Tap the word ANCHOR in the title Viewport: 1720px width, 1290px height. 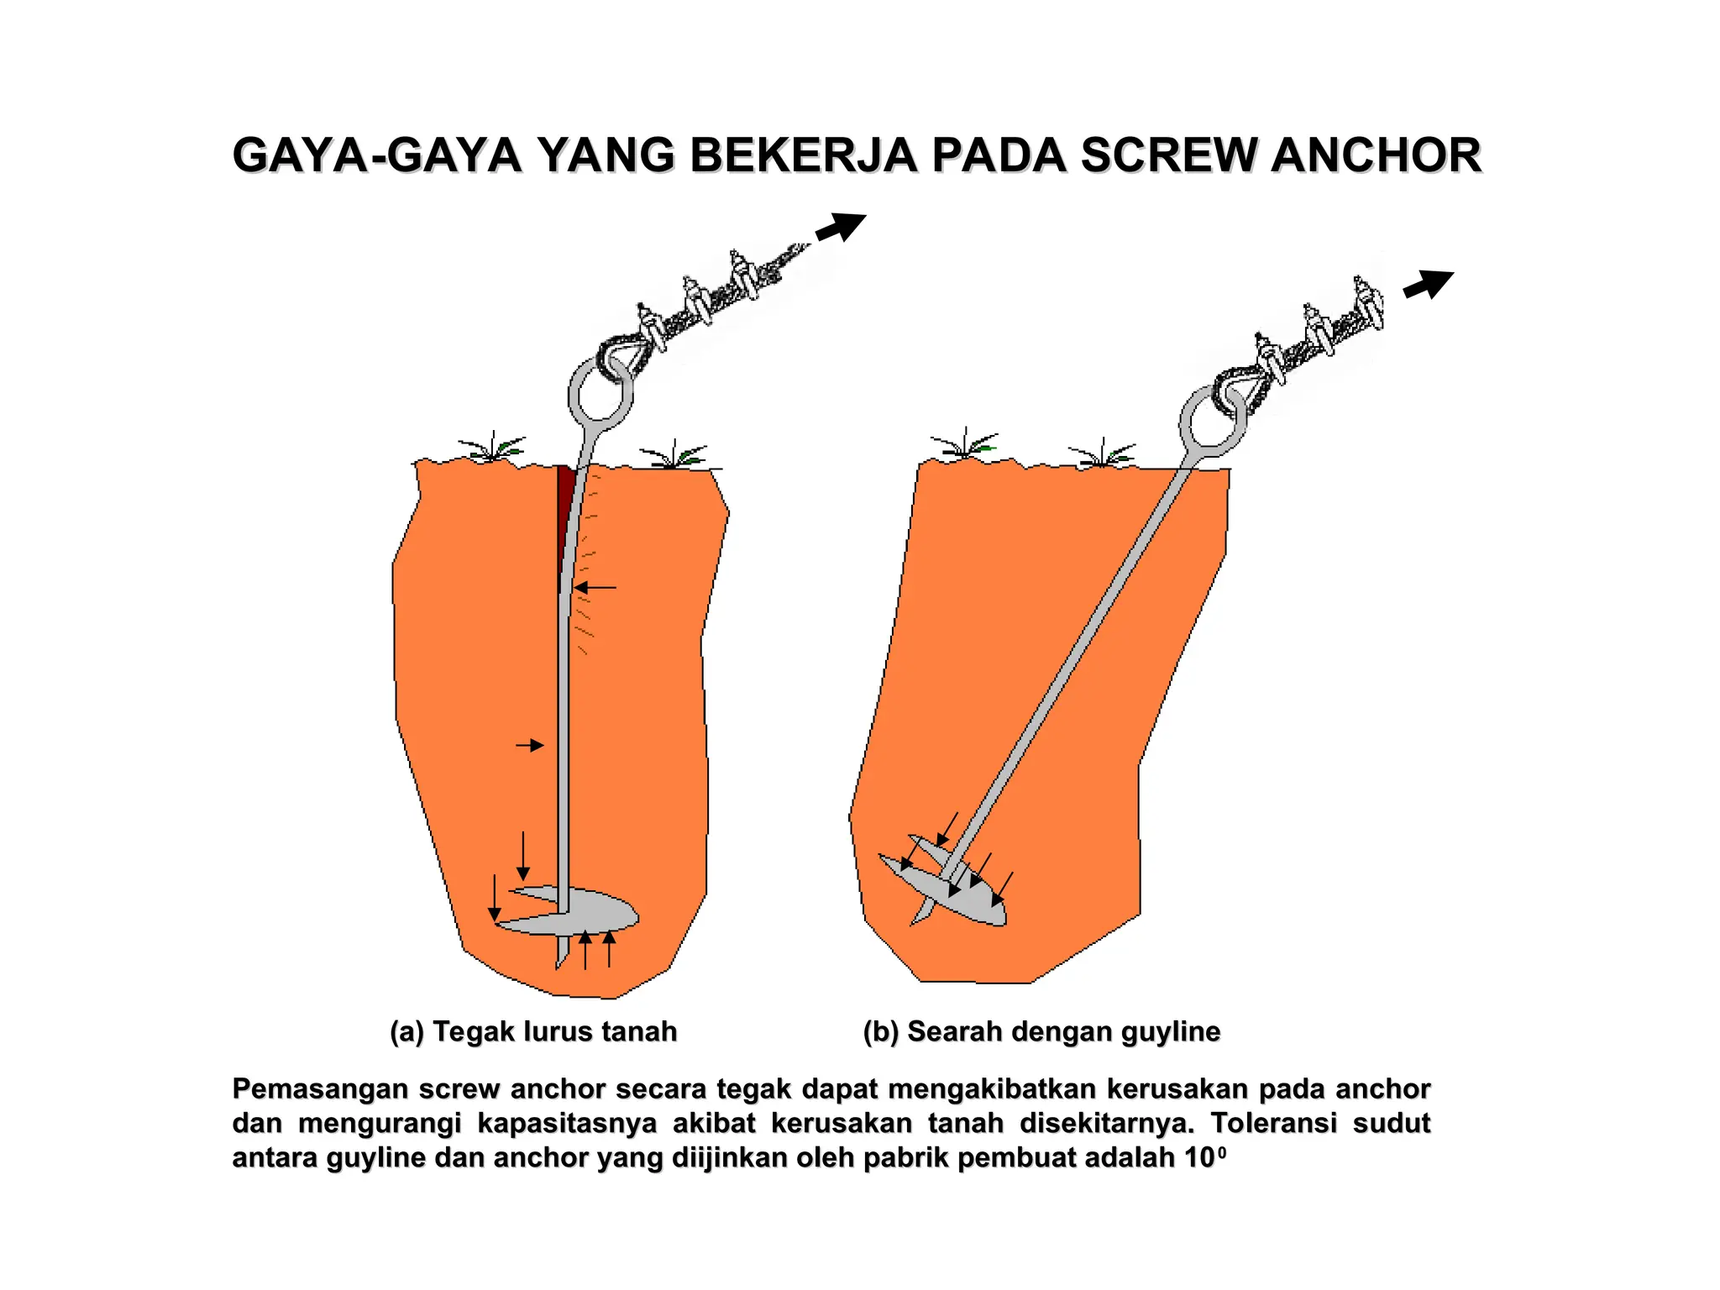coord(1377,156)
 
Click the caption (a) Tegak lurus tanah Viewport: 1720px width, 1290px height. coord(533,1031)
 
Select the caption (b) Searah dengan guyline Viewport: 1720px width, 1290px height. coord(1041,1031)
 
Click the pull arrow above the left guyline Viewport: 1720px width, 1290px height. coord(841,227)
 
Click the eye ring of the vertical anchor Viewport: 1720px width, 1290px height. coord(600,393)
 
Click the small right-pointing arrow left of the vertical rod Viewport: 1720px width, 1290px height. coord(530,745)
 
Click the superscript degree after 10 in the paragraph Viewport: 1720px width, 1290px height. coord(1221,1152)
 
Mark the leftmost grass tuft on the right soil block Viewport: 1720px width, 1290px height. coord(965,444)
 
